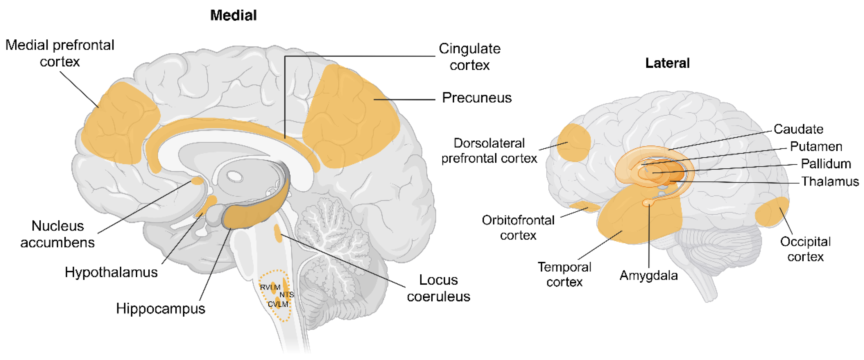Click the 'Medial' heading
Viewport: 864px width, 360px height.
[233, 15]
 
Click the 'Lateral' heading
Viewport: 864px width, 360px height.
[668, 63]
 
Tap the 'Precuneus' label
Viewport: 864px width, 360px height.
[477, 98]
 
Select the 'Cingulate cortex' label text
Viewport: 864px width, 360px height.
[469, 57]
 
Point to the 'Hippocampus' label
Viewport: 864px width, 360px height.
[161, 308]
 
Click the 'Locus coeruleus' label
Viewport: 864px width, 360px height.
[438, 288]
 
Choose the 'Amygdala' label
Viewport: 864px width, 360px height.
[648, 275]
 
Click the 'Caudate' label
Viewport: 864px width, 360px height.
[798, 129]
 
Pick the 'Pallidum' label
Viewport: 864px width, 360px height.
[826, 164]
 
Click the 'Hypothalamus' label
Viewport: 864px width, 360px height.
[111, 272]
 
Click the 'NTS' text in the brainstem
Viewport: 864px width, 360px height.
[287, 295]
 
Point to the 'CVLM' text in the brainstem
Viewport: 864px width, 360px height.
[278, 304]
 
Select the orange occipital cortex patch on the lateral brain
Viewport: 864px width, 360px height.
[771, 212]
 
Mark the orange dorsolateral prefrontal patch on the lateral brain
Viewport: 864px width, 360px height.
[573, 143]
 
